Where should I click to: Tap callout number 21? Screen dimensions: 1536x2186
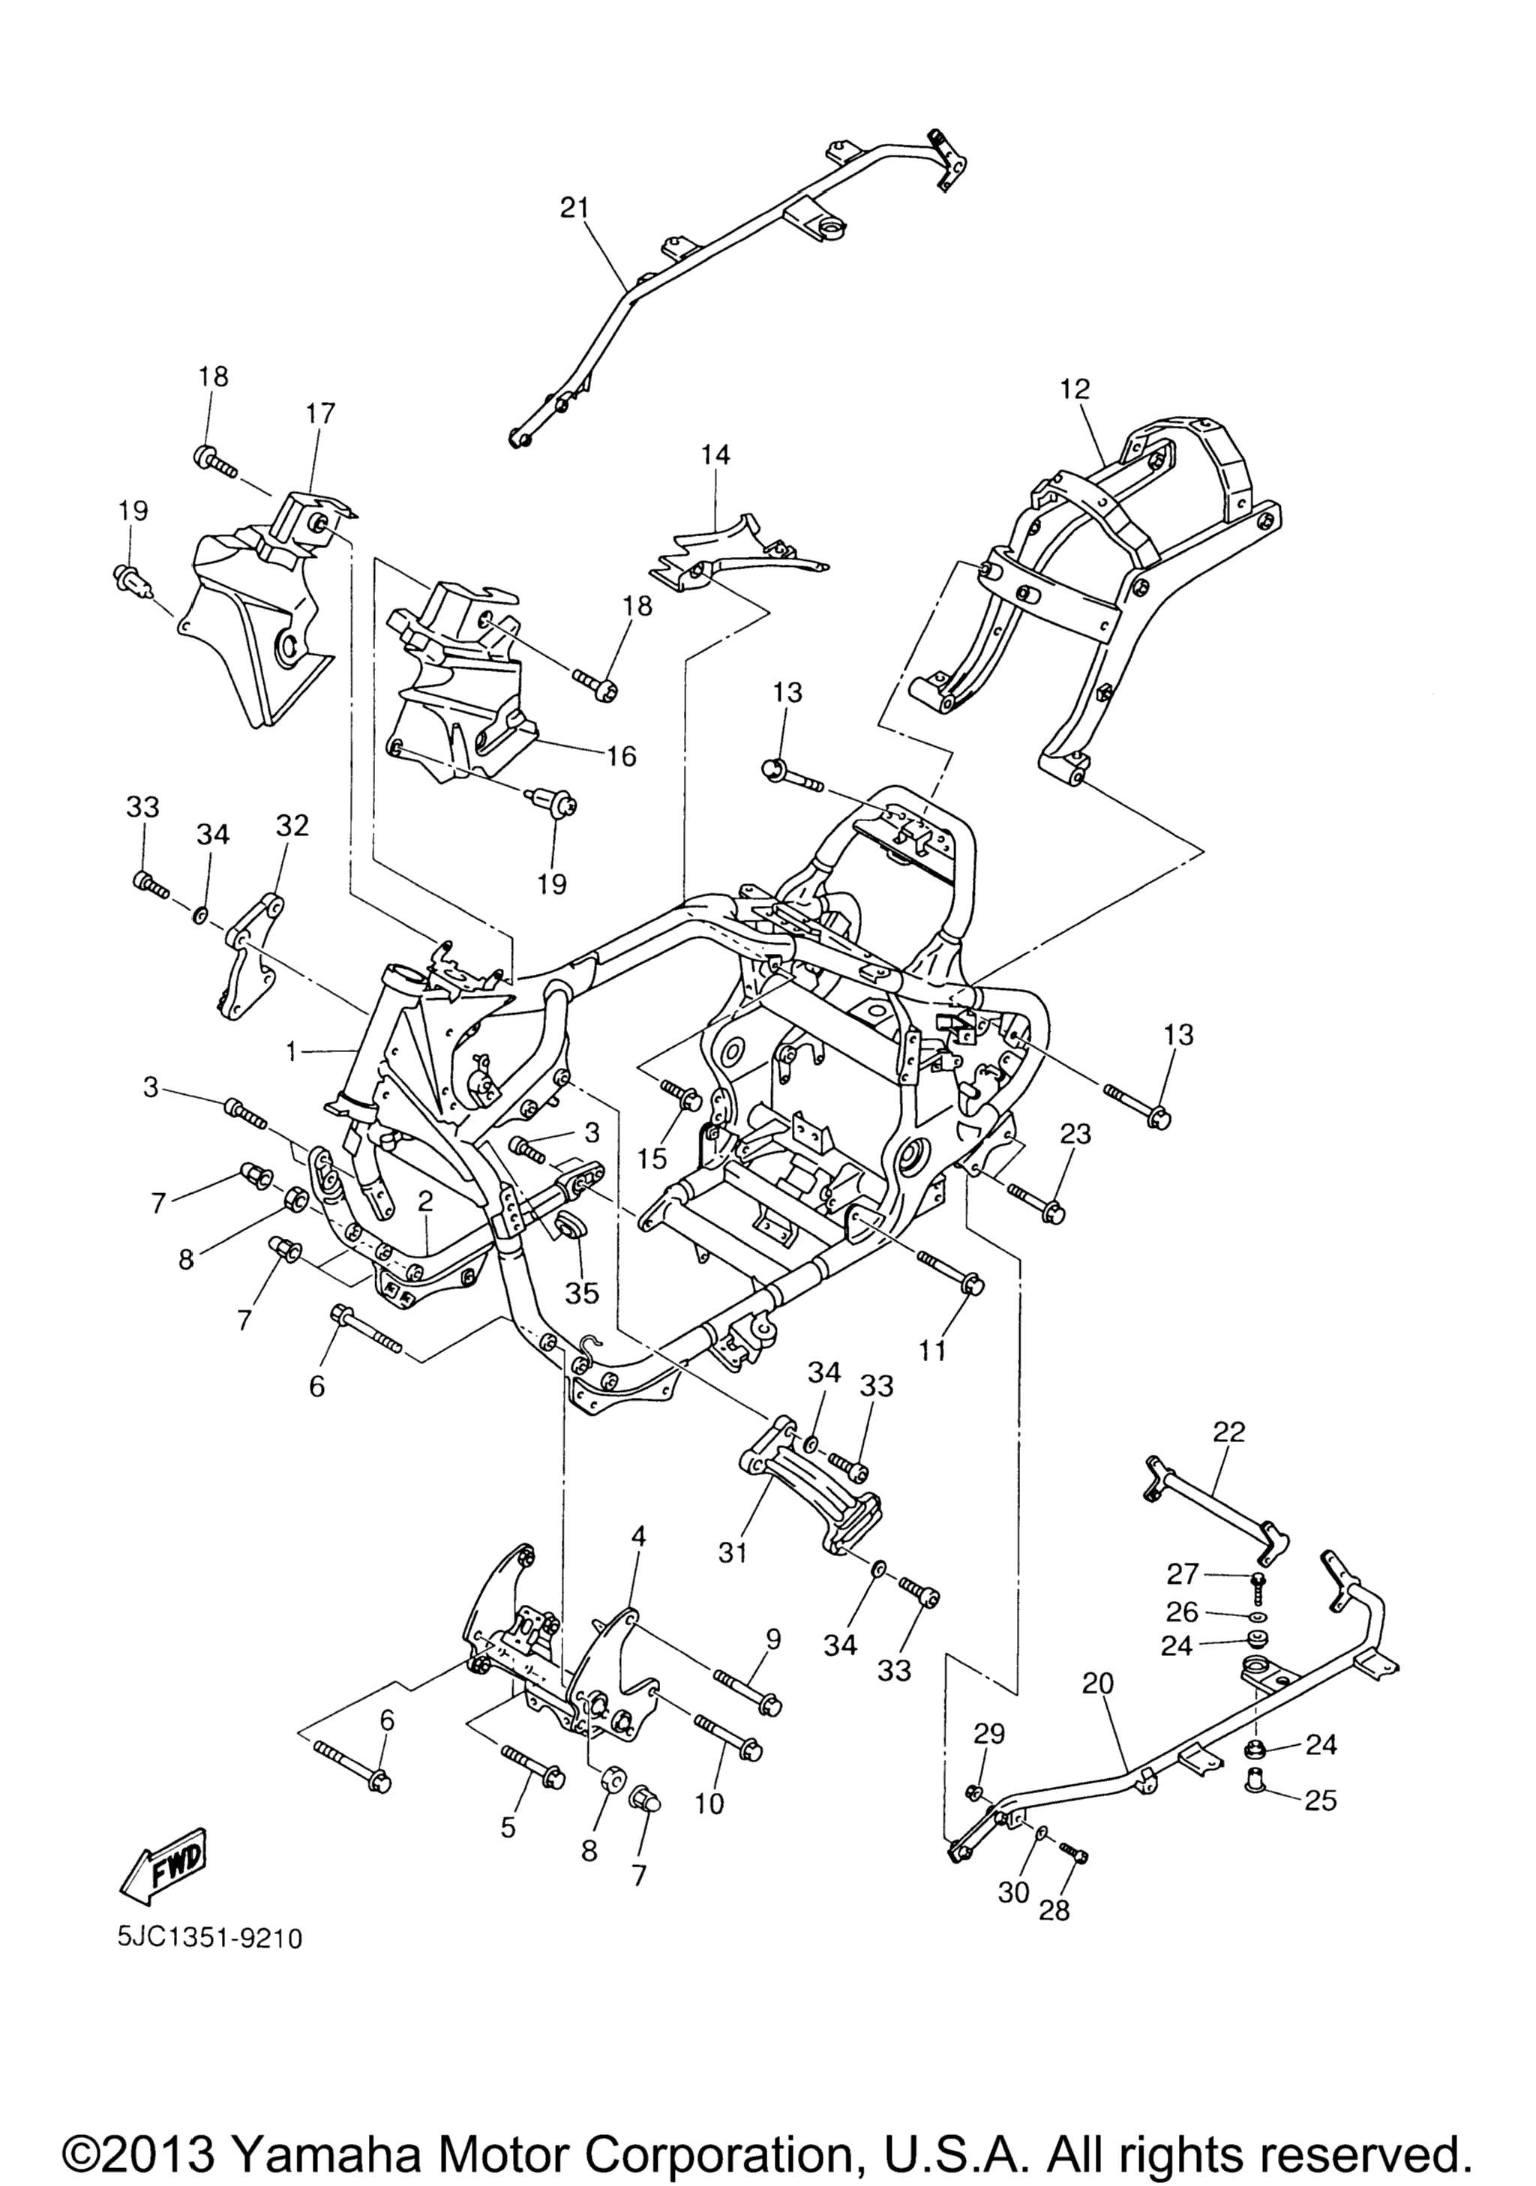point(574,208)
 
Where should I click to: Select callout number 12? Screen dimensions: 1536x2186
point(1074,389)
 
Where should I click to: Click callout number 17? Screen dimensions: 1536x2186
point(321,413)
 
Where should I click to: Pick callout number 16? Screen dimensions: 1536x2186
point(621,756)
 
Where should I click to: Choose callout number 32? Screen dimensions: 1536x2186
point(292,826)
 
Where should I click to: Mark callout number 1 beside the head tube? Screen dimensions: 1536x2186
point(292,1051)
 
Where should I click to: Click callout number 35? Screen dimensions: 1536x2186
point(583,1292)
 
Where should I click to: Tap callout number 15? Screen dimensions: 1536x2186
point(652,1158)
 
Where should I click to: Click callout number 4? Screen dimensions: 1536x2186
point(638,1536)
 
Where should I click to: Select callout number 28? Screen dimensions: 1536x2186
point(1055,1909)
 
